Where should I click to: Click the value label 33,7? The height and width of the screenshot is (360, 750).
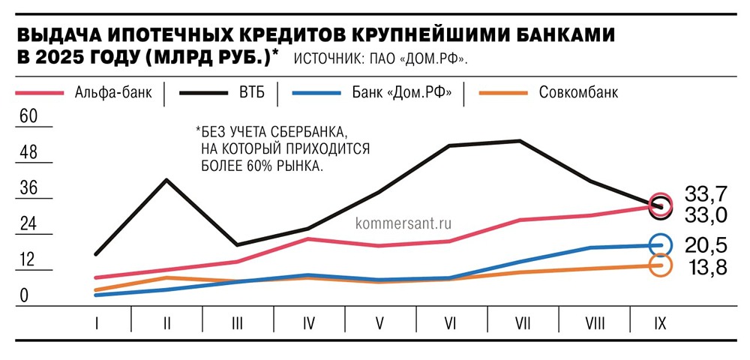coord(706,193)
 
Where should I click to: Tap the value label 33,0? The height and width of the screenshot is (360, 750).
coord(706,214)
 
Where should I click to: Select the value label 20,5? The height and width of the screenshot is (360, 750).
coord(706,244)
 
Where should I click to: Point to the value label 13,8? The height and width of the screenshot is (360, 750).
coord(706,266)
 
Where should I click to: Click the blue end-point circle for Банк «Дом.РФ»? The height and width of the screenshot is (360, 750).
coord(661,244)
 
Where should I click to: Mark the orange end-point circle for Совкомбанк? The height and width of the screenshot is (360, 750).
coord(661,265)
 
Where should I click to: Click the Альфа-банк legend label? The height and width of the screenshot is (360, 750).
coord(112,94)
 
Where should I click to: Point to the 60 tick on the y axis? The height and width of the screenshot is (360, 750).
coord(28,117)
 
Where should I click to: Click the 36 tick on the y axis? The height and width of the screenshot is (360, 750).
coord(28,188)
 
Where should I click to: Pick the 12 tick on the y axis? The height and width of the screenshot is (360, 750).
coord(28,260)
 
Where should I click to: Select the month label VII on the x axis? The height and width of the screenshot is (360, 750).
coord(523,323)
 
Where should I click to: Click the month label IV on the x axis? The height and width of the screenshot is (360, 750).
coord(308,323)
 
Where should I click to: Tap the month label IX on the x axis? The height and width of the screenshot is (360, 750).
coord(660,323)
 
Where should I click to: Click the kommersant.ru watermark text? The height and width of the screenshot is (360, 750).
coord(406,223)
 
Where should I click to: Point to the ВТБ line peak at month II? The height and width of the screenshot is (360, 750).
coord(166,179)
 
